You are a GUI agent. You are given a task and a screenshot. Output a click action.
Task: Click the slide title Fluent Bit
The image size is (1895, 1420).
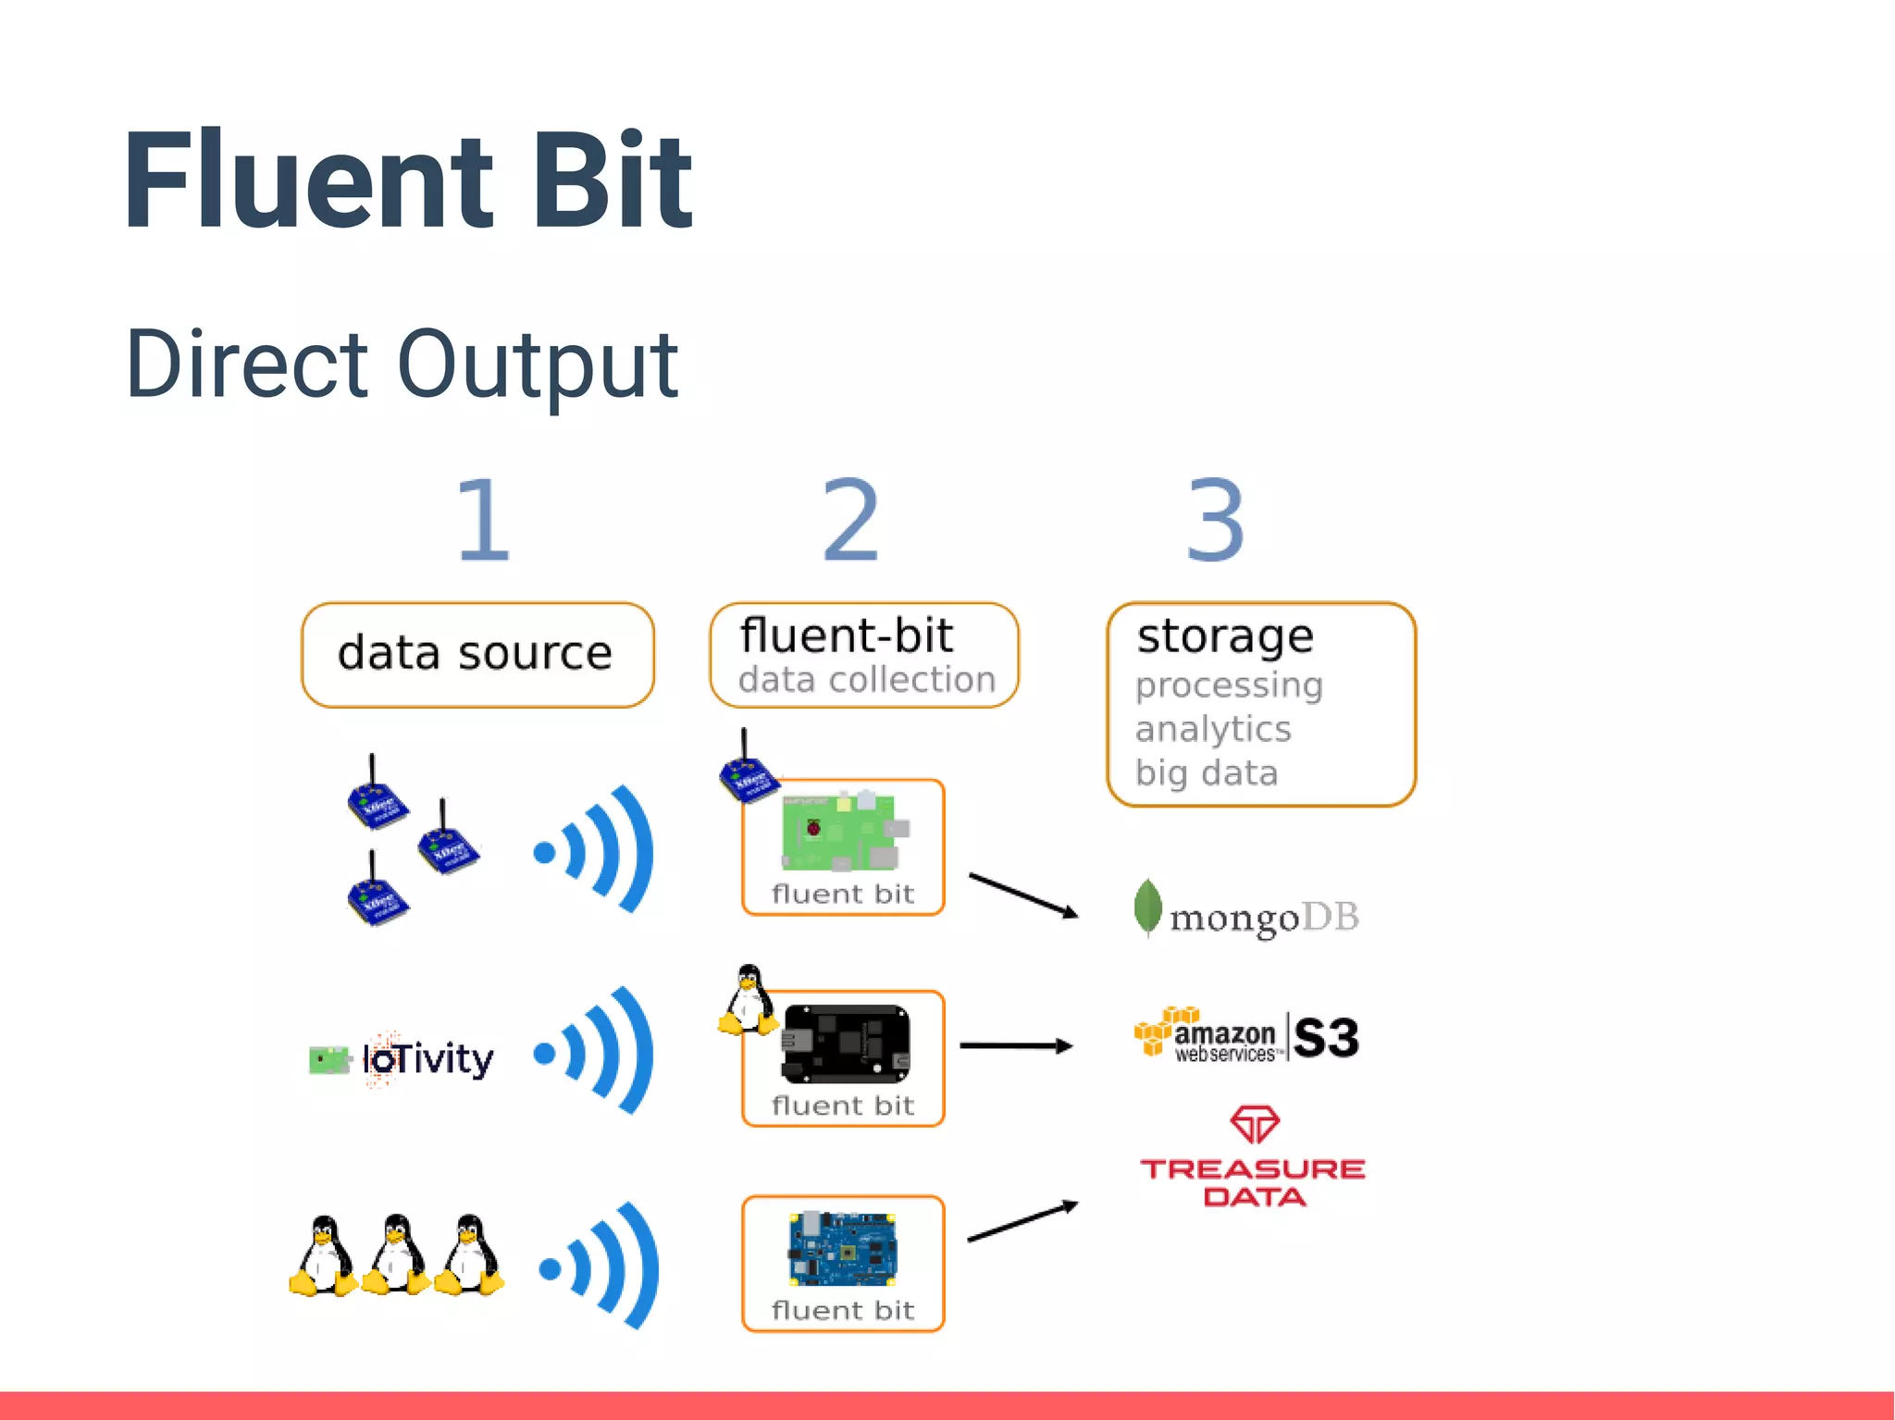(x=407, y=180)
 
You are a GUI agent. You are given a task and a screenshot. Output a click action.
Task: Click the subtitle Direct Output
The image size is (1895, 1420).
(x=402, y=365)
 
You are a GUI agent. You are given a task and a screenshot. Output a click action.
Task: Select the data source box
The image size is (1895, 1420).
(x=477, y=655)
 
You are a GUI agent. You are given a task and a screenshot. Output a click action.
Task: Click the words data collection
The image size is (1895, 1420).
(x=866, y=680)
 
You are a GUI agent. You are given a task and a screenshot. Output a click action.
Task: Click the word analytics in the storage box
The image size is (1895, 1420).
(x=1212, y=729)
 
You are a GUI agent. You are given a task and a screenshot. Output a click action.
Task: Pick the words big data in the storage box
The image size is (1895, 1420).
(x=1207, y=772)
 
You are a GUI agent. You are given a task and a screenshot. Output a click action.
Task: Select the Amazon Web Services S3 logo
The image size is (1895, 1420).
(x=1245, y=1036)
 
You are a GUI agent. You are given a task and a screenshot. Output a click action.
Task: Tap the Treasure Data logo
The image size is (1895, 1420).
(x=1253, y=1158)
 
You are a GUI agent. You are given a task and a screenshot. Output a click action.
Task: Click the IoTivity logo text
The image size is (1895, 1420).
(x=427, y=1059)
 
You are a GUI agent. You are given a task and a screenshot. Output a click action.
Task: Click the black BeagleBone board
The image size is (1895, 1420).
(x=846, y=1043)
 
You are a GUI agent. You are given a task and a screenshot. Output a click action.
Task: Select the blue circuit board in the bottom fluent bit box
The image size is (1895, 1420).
(x=842, y=1249)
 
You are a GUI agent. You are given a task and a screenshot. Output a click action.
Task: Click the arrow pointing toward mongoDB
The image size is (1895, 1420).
(x=1023, y=895)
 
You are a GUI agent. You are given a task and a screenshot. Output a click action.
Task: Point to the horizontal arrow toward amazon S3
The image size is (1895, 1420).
(x=1016, y=1045)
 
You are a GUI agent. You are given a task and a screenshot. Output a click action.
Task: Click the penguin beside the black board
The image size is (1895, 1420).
(x=748, y=1001)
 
